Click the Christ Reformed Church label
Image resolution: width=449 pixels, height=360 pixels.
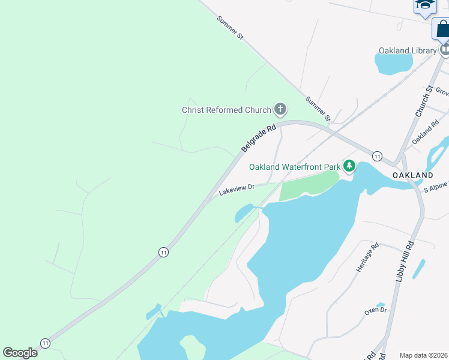tap(226, 110)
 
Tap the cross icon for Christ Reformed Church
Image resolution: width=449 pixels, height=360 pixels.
tap(280, 109)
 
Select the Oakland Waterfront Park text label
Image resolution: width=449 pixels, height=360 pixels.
tap(295, 166)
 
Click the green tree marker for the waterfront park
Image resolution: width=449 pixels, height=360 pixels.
tap(349, 166)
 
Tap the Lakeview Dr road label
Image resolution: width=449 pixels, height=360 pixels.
tap(237, 190)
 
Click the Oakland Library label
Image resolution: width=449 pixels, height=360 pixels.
tap(407, 50)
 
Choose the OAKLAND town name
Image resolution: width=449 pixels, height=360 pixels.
tap(412, 175)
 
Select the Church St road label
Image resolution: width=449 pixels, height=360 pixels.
tap(424, 101)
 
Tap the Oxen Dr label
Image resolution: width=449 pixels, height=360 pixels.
tap(375, 311)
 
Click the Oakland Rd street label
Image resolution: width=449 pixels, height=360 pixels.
tap(426, 133)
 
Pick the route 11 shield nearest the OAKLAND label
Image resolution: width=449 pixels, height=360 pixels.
tap(377, 156)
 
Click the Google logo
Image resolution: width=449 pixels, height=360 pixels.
tap(20, 353)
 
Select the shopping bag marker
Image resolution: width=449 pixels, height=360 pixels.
tap(442, 28)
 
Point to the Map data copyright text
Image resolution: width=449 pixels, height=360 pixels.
tap(424, 355)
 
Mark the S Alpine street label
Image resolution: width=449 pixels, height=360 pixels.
tap(436, 188)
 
